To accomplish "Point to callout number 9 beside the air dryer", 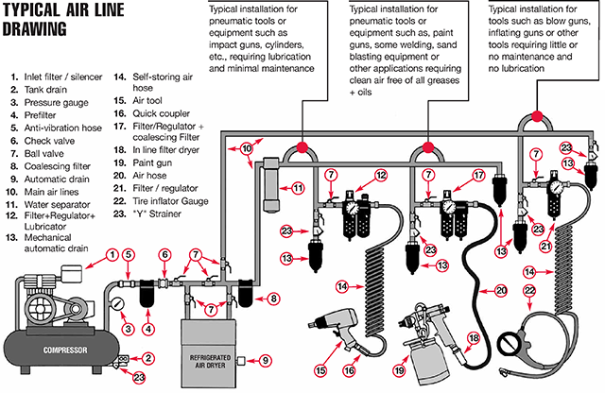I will point(265,360).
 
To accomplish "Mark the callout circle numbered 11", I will point(298,187).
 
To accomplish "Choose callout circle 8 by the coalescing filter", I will point(274,299).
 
